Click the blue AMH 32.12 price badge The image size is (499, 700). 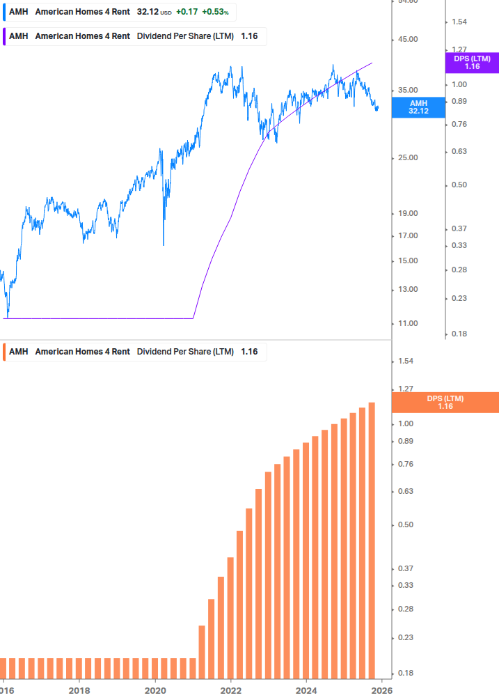pos(418,107)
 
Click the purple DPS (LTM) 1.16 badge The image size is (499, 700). pos(472,63)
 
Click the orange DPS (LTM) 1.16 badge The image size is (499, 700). pos(445,403)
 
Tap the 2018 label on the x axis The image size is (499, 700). pos(79,690)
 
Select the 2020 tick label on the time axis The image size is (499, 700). pos(155,690)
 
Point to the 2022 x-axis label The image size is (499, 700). pos(230,690)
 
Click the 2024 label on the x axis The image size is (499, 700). pos(306,690)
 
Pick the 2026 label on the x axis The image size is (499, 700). pos(381,690)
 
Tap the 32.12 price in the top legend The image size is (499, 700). pos(148,12)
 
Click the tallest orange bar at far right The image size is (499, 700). pos(372,543)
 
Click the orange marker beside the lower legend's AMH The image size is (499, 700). pos(3,352)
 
